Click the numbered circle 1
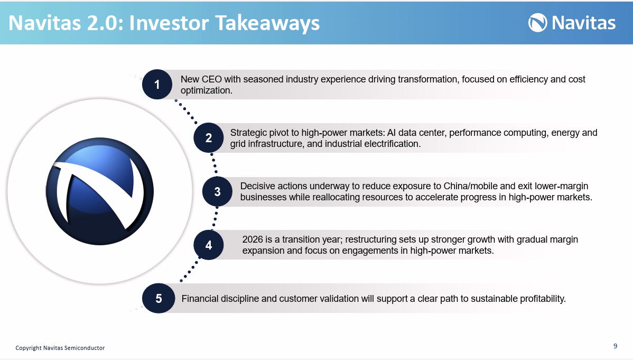(x=157, y=85)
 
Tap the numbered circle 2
(x=208, y=138)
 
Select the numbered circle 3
(x=217, y=191)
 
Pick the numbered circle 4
(x=208, y=245)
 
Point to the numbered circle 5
(x=159, y=298)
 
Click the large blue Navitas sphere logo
(x=100, y=191)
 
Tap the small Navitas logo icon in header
(x=538, y=23)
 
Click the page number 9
(x=615, y=346)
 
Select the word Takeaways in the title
(x=267, y=23)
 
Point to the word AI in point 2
(x=391, y=133)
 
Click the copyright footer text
(x=60, y=348)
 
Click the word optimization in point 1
(x=206, y=90)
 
